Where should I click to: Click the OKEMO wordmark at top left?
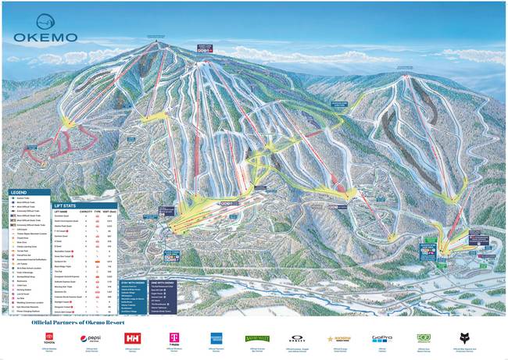point(45,37)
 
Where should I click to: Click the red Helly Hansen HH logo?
point(132,338)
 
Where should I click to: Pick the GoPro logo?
point(381,338)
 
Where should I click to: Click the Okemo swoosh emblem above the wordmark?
point(45,21)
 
